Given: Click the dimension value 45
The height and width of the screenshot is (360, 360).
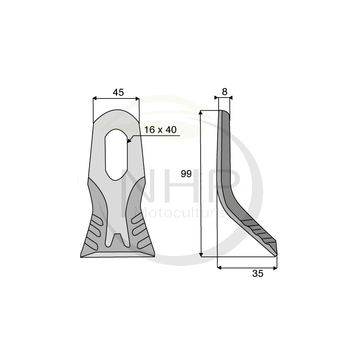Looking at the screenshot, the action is tap(118, 92).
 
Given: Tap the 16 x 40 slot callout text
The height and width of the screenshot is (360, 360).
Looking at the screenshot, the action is tap(160, 130).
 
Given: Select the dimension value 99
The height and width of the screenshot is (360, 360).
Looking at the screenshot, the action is tap(186, 174).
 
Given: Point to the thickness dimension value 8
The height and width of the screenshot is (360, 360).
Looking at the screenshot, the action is tap(225, 92).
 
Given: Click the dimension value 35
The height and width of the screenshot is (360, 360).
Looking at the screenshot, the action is tap(257, 274).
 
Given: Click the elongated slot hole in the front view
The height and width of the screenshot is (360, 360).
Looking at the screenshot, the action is tap(116, 154).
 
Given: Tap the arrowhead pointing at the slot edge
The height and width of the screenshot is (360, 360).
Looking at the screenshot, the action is tap(129, 140).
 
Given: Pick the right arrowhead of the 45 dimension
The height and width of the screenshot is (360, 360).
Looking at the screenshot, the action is tap(137, 99).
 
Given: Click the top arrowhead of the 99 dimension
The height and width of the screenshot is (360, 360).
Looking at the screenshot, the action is tap(201, 112).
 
